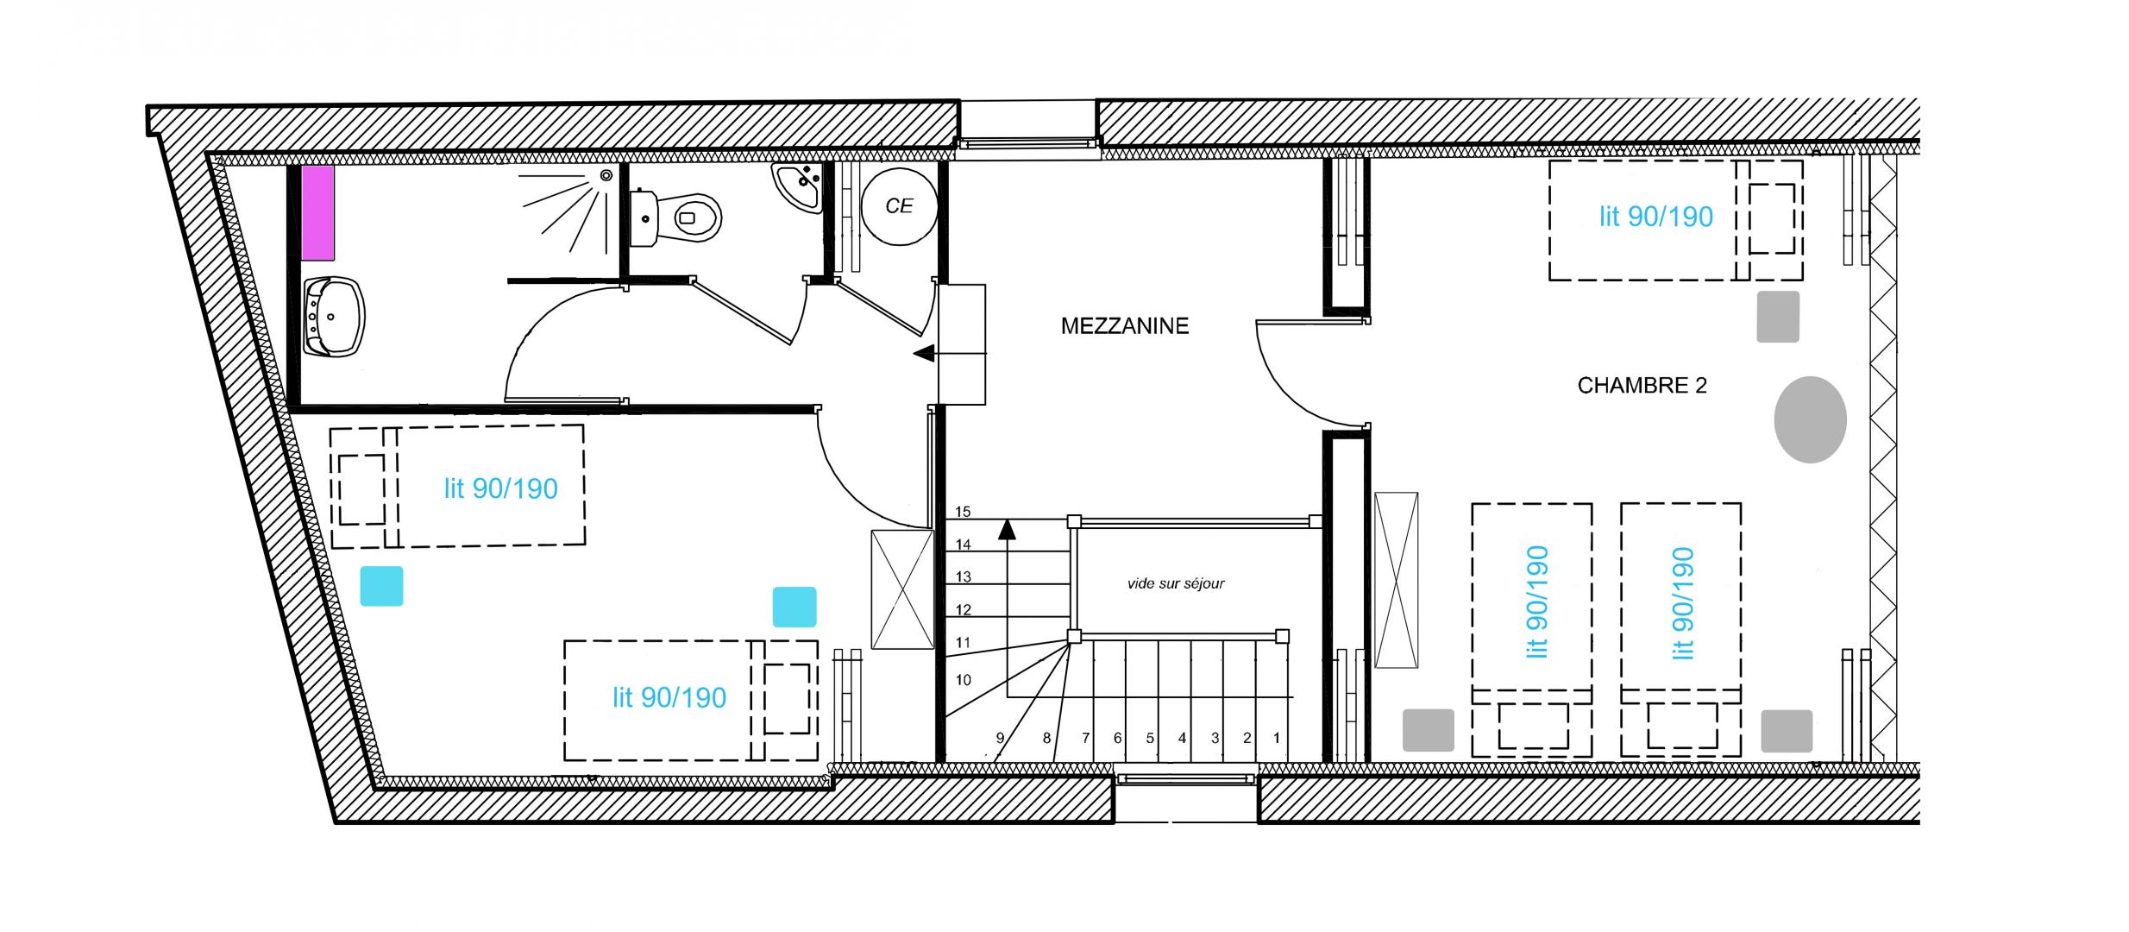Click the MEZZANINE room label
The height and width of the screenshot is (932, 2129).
point(1124,326)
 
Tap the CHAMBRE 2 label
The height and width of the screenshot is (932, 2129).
point(1642,386)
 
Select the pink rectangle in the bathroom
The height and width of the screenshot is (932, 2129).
point(317,212)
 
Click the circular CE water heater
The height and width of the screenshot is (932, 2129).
point(899,206)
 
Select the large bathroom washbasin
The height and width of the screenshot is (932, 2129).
point(335,317)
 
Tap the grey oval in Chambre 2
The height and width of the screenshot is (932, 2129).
point(1810,419)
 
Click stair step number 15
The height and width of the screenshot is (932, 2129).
point(963,512)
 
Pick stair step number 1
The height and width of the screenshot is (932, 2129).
point(1277,738)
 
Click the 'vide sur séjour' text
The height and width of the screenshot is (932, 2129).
point(1176,583)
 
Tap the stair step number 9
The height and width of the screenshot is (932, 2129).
point(1001,738)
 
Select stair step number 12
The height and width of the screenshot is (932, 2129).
point(964,610)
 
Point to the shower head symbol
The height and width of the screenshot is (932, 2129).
point(606,175)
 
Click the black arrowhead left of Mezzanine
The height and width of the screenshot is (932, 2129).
point(924,353)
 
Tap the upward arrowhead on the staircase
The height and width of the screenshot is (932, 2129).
point(1007,529)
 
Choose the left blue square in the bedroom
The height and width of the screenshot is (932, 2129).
point(381,586)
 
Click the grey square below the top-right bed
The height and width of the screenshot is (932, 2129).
point(1778,317)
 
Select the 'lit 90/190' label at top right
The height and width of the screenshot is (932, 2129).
point(1655,217)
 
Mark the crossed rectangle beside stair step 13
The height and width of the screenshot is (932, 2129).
point(902,589)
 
